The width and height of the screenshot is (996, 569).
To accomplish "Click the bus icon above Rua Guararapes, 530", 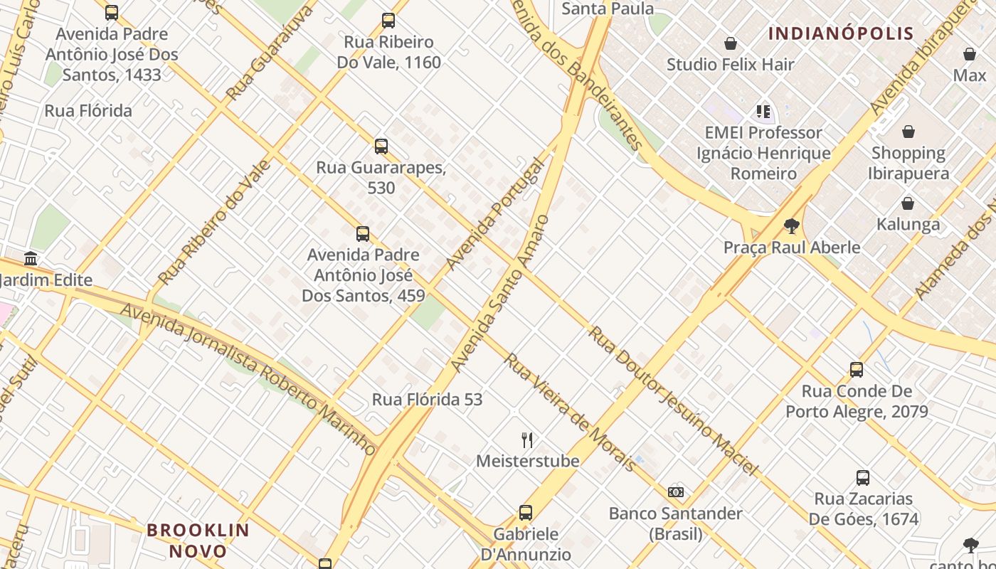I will pos(381,147).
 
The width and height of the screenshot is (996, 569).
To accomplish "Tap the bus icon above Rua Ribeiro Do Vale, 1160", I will pos(388,21).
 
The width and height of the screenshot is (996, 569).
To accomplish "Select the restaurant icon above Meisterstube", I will pos(527,440).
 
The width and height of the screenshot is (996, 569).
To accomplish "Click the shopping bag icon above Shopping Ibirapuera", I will pos(908,132).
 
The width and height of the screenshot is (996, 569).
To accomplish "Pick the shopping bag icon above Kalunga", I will pos(908,204).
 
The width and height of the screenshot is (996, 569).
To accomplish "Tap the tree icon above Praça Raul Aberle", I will pos(791,226).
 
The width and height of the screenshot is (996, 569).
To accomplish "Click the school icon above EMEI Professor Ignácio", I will pos(763,112).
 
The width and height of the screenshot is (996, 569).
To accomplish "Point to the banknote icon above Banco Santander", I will pos(676,492).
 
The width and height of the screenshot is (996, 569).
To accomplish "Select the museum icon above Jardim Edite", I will pos(31,258).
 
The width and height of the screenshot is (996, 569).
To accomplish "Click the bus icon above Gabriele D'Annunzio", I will pos(526,513).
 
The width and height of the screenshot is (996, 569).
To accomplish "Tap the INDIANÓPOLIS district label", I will pos(841,33).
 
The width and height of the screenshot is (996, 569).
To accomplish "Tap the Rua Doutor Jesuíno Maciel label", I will pos(672,400).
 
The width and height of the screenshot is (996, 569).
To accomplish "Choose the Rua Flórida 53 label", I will pos(427,400).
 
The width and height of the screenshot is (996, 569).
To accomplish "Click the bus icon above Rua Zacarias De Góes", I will pos(863,478).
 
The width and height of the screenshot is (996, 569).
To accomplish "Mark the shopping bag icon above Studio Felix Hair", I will pos(730,44).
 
